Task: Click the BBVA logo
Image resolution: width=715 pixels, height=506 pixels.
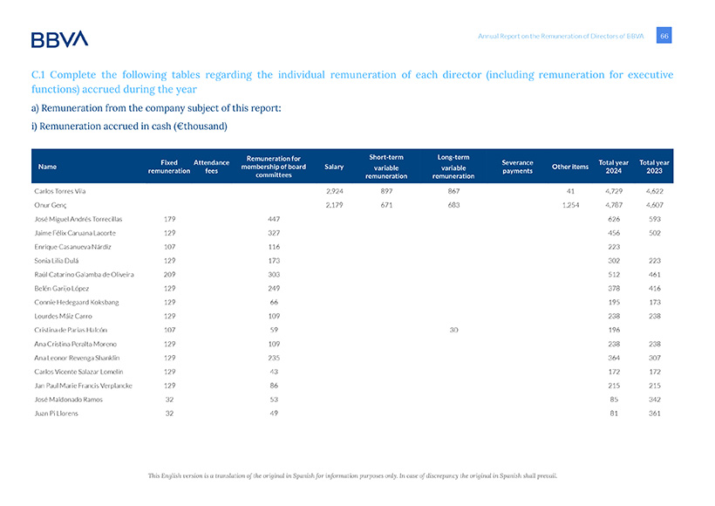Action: [x=59, y=38]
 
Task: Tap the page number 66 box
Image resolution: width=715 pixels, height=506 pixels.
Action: [x=664, y=36]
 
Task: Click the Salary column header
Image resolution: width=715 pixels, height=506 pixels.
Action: [x=333, y=167]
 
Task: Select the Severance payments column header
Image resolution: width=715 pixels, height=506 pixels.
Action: [x=517, y=167]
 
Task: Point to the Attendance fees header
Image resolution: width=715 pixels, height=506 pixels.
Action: [x=211, y=167]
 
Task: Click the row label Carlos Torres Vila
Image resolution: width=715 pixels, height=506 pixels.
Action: [x=60, y=189]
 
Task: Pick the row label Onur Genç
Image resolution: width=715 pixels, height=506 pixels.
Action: [x=51, y=203]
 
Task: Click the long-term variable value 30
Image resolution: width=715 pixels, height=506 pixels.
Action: [x=453, y=330]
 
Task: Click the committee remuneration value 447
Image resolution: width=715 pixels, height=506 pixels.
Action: [x=273, y=218]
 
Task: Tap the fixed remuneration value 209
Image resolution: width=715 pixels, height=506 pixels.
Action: [x=170, y=274]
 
